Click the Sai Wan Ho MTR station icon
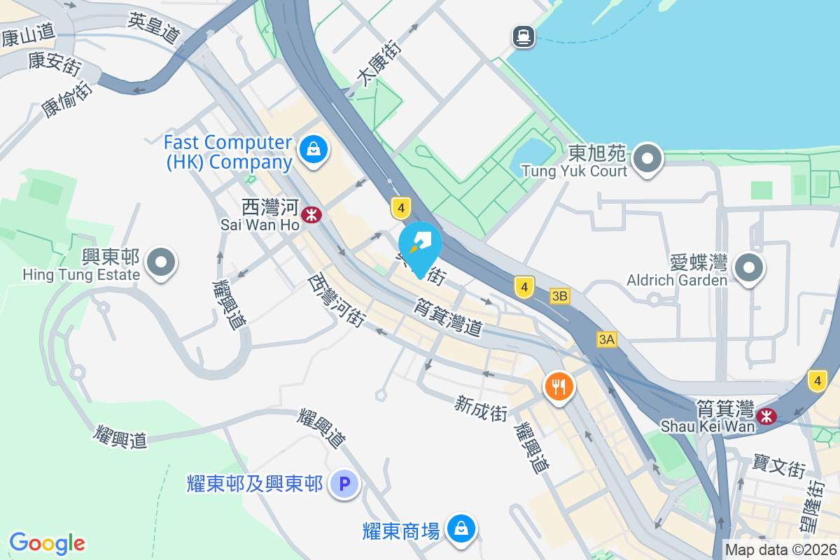(312, 214)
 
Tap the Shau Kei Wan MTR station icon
(768, 416)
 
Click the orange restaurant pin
(559, 385)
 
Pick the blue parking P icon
(344, 484)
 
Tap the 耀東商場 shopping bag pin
(461, 528)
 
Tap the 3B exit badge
(559, 296)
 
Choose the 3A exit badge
(606, 339)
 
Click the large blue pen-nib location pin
(420, 245)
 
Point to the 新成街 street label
(481, 407)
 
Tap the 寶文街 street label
(779, 465)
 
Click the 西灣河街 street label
(337, 300)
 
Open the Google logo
(47, 543)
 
